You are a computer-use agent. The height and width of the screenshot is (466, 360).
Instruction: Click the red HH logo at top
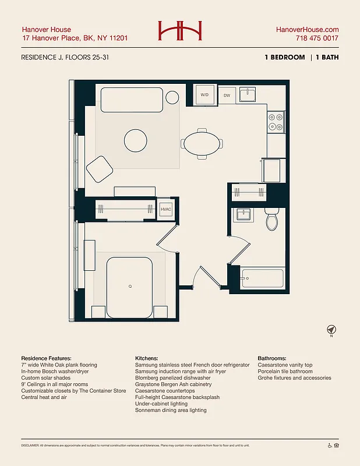[179, 31]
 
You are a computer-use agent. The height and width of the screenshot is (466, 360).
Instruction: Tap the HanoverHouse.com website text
[307, 30]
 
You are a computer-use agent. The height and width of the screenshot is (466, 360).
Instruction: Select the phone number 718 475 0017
[316, 38]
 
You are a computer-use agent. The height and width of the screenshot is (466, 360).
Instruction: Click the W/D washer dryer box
[205, 94]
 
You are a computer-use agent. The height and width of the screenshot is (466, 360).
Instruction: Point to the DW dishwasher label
[226, 95]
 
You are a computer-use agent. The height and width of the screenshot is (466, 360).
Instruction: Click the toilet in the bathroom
[272, 219]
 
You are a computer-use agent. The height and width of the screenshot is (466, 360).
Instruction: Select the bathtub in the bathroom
[262, 279]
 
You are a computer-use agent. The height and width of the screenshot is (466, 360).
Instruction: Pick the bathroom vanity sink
[243, 215]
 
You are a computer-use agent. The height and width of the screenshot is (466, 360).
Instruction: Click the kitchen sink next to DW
[248, 94]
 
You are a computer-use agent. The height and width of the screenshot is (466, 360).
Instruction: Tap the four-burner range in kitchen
[276, 122]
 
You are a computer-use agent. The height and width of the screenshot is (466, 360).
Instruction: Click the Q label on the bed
[129, 286]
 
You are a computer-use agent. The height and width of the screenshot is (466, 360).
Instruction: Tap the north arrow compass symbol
[331, 330]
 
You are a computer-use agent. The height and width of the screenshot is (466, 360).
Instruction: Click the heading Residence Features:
[46, 358]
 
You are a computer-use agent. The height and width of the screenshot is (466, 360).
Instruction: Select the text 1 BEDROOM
[284, 58]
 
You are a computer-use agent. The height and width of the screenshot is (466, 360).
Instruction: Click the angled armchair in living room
[100, 168]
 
